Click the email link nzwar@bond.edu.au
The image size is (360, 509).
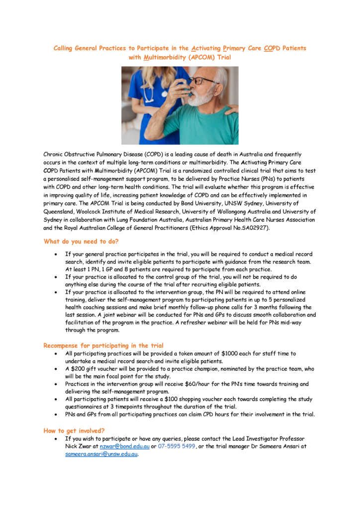point(124,446)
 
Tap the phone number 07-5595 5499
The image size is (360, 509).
point(177,446)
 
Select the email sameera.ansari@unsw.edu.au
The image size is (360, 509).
point(101,454)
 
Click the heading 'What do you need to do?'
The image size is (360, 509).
point(81,242)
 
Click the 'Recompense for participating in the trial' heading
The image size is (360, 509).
point(103,345)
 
